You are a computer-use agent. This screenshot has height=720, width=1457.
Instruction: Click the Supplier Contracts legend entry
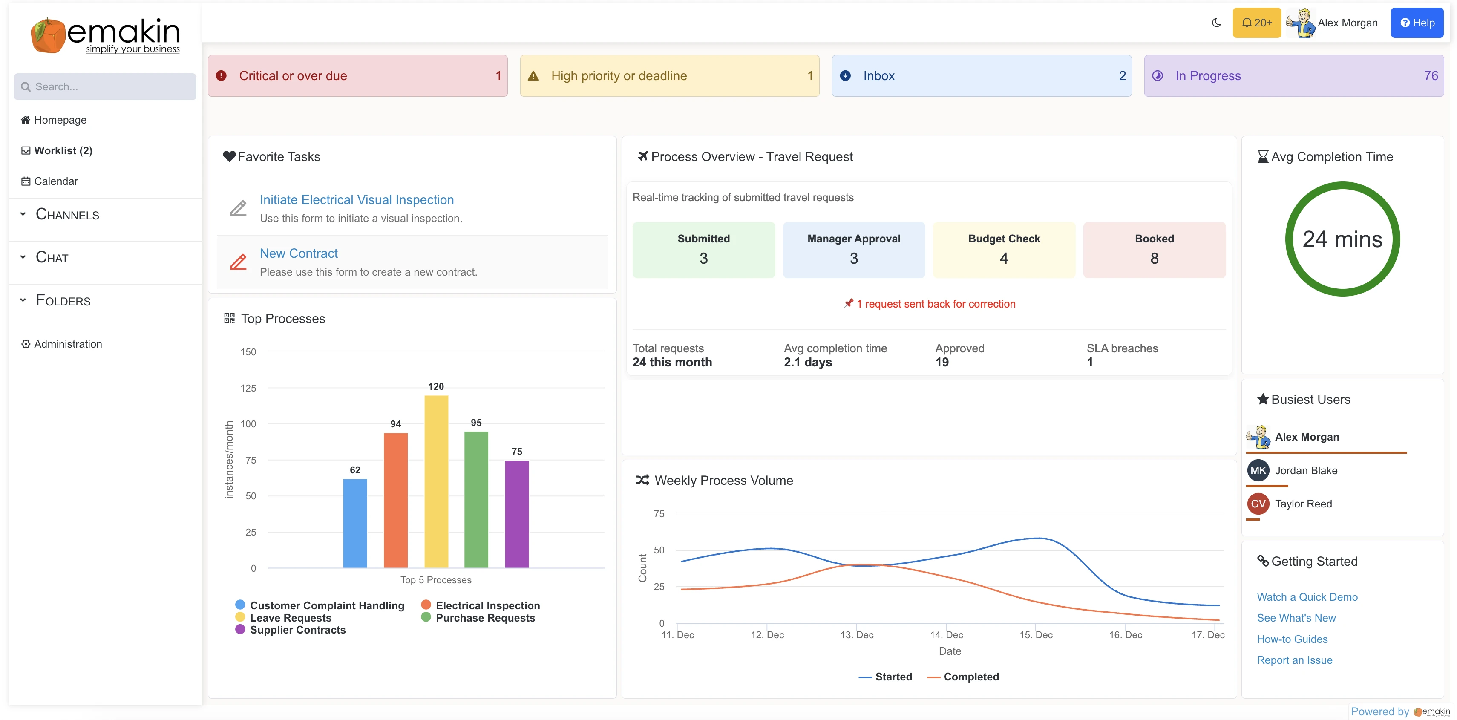click(x=297, y=630)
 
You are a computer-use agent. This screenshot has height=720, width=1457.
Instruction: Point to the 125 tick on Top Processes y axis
click(x=248, y=388)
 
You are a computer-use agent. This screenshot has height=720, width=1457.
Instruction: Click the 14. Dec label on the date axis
click(x=946, y=635)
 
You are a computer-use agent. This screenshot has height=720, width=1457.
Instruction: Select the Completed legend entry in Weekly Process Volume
click(x=970, y=677)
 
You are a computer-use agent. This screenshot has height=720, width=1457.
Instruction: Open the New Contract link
click(x=299, y=253)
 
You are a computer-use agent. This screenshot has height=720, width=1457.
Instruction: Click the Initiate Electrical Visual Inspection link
click(x=356, y=200)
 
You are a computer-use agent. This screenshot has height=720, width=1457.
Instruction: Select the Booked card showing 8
click(x=1154, y=249)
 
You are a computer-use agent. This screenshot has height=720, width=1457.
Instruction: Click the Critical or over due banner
click(x=357, y=76)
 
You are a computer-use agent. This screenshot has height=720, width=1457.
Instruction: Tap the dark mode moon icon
click(x=1216, y=23)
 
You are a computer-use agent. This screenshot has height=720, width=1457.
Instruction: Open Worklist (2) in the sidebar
click(x=63, y=150)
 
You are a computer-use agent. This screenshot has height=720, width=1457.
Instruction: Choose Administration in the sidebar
click(x=68, y=344)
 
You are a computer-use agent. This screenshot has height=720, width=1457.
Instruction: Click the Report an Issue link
click(x=1294, y=660)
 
